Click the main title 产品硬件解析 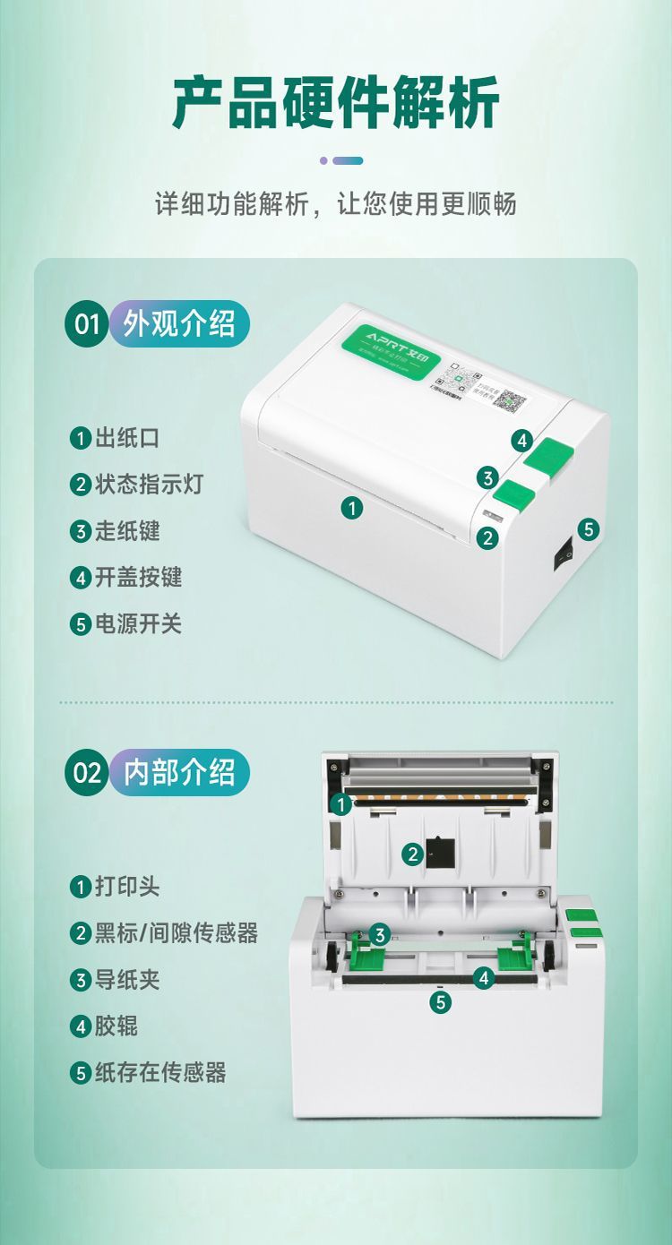coord(336,104)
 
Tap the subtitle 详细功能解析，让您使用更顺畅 coord(336,204)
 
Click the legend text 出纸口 coord(127,438)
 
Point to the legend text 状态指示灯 coord(149,485)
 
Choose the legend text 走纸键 coord(127,531)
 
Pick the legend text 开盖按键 coord(138,578)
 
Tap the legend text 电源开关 coord(138,624)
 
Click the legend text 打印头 coord(127,887)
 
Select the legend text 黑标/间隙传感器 coord(176,933)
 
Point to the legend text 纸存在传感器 coord(159,1072)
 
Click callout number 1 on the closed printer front coord(352,508)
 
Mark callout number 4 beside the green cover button coord(522,441)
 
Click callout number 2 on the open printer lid coord(412,854)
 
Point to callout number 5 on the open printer coord(440,1002)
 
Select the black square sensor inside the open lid coord(439,851)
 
